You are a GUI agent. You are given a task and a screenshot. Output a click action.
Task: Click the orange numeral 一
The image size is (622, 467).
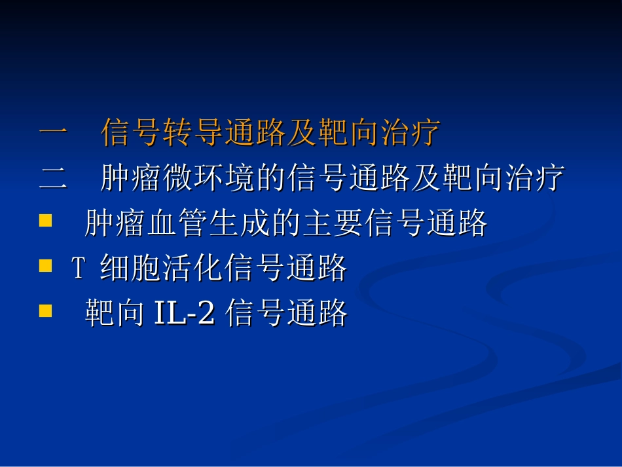(53, 134)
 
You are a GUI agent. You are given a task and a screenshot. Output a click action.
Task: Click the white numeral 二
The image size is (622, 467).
(53, 179)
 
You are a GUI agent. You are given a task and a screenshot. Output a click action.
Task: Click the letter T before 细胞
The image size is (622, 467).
(78, 268)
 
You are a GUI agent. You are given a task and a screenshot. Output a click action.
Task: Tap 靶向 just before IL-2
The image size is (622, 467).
(115, 314)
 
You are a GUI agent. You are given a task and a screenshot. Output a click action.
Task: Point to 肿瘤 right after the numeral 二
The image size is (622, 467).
(131, 179)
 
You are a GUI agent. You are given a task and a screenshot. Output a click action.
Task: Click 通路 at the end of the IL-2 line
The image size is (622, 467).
(318, 314)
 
